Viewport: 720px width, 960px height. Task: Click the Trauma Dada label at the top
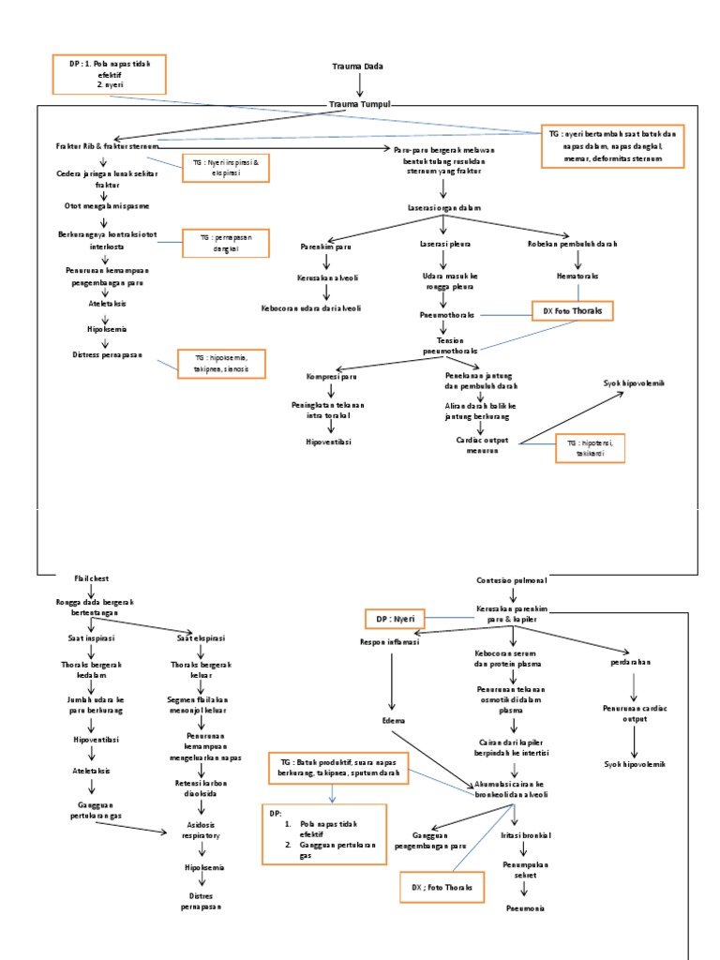coord(358,67)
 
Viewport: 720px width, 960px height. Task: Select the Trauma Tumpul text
coord(360,104)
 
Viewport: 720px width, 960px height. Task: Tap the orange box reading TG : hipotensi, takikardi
coord(589,447)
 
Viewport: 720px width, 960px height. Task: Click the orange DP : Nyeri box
coord(395,619)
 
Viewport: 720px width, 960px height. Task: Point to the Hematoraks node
coord(577,277)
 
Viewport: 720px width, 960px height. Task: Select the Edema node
coord(394,721)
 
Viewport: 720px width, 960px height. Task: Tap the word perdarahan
coord(637,662)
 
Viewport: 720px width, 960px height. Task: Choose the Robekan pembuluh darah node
coord(572,244)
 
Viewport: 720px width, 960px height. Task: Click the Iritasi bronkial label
coord(525,833)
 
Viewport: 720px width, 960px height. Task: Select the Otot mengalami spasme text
coord(107,205)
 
